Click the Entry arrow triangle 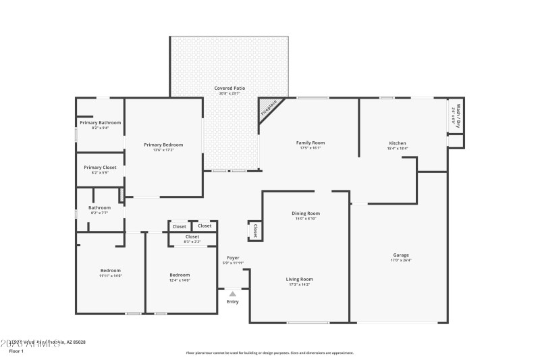232,294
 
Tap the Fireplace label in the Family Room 269,110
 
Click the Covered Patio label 230,88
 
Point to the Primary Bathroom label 100,122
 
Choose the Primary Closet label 100,167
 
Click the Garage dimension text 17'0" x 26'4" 401,260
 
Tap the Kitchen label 398,143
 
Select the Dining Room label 305,213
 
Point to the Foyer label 233,257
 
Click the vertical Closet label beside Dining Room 255,231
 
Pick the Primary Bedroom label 163,145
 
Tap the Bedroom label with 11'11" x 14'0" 110,270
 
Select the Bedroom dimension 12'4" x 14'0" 180,280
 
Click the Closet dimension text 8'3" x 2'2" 192,242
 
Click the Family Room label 310,143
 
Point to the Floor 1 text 16,351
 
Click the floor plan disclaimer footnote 269,353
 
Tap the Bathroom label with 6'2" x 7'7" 99,208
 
